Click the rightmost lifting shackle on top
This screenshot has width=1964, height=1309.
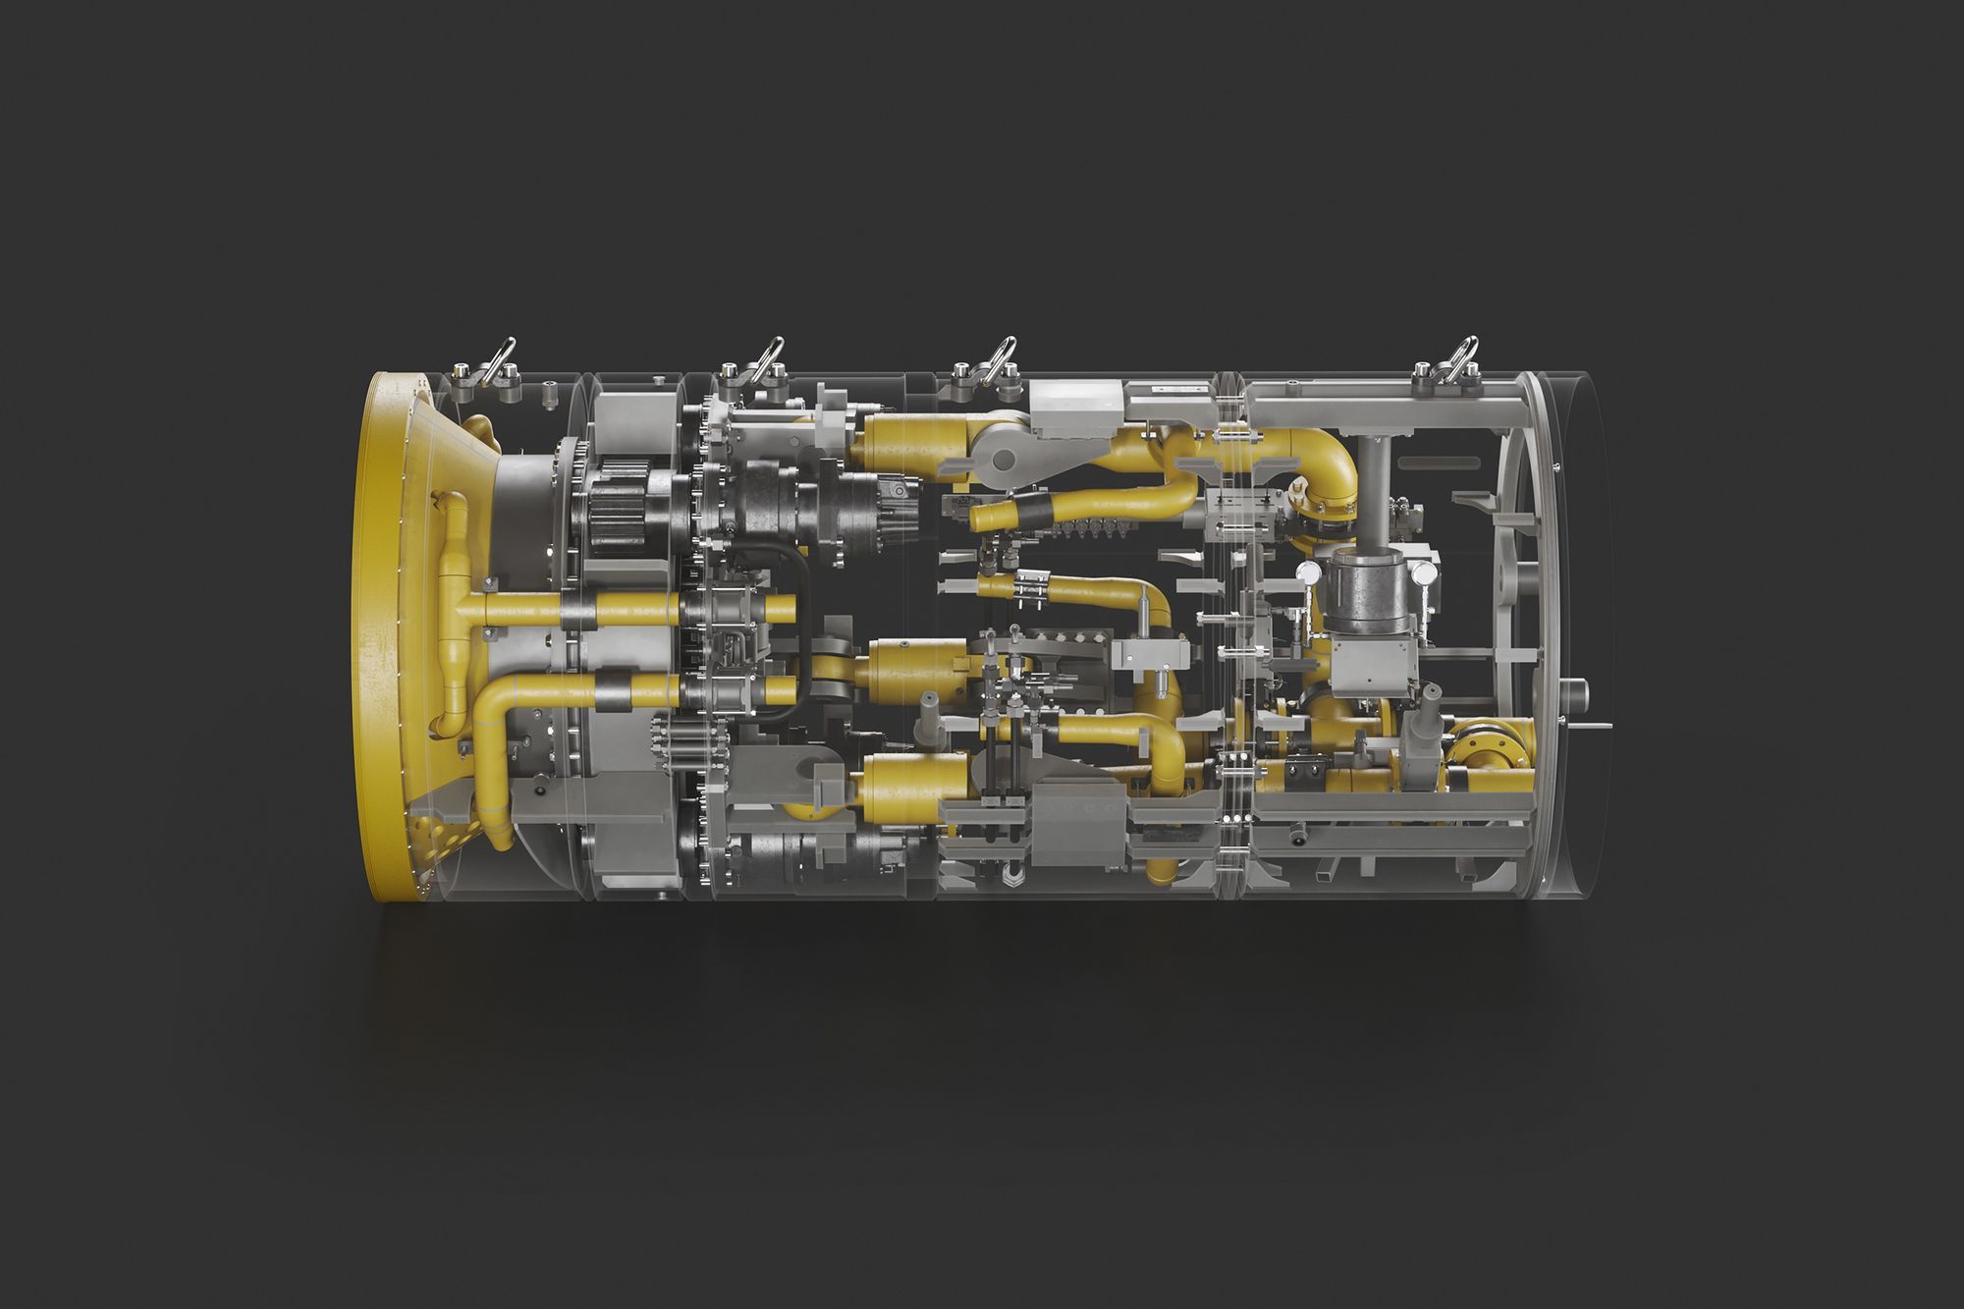(x=1457, y=359)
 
